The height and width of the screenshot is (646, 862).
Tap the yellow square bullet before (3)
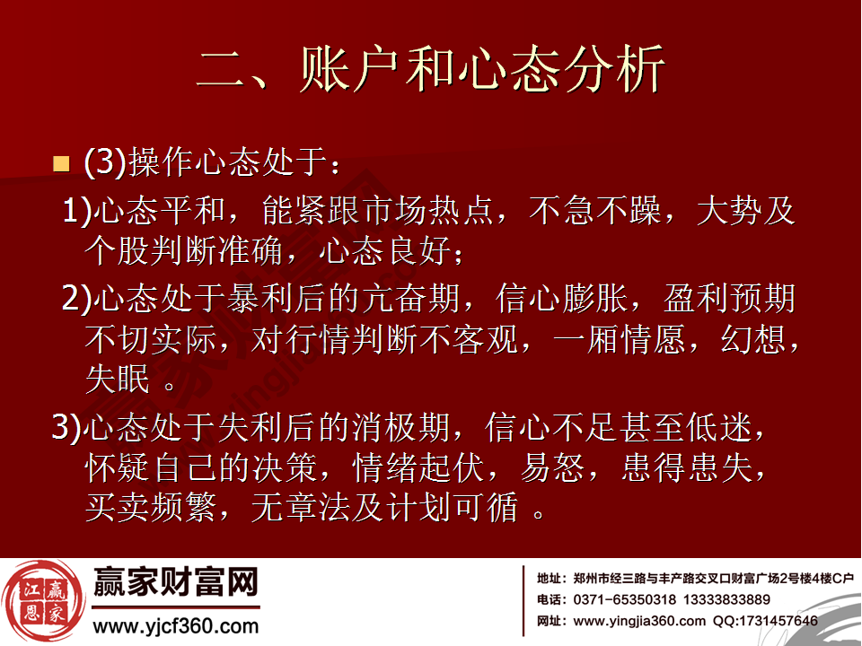[61, 164]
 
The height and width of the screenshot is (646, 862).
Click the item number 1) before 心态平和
[77, 212]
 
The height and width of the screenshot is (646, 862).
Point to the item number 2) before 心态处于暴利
[77, 298]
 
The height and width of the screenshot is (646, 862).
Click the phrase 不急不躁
[592, 212]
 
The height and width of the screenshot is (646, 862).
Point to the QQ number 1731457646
[778, 621]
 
